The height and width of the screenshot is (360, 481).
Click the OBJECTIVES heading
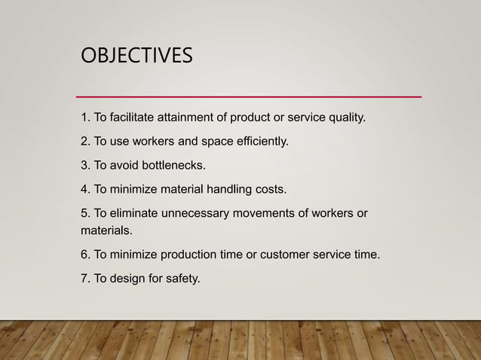pos(136,56)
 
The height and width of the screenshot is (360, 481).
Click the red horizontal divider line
pos(250,97)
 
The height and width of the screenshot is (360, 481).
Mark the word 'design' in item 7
pos(131,279)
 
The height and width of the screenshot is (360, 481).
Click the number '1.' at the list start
pos(85,117)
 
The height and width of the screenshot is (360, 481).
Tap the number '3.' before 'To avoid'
pos(85,164)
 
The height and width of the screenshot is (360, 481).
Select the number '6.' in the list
pos(85,255)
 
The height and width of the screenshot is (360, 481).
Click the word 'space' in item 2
pos(212,141)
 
